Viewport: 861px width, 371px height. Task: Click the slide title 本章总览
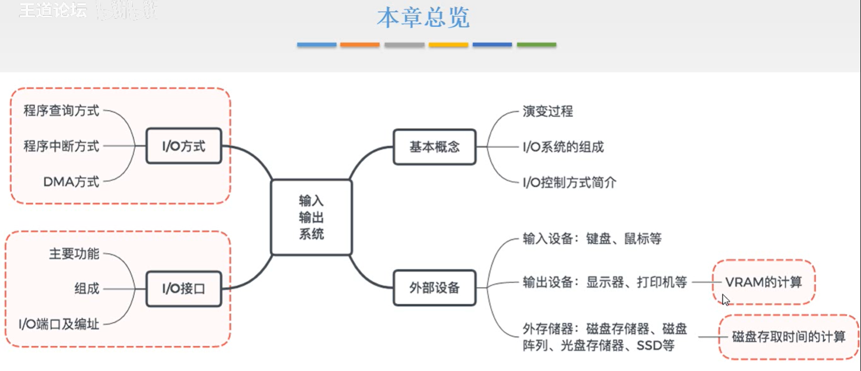pos(423,18)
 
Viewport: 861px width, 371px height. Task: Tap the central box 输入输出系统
pos(311,217)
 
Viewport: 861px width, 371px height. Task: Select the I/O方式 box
pos(184,146)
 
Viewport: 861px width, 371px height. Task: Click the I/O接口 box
pos(184,289)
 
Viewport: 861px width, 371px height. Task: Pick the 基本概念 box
pos(434,146)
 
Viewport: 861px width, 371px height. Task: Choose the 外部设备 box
pos(434,288)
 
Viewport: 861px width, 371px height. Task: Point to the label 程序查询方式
pos(61,110)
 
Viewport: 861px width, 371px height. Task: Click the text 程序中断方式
pos(61,146)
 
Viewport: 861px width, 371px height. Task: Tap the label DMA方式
pos(71,182)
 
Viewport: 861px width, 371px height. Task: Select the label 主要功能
pos(74,253)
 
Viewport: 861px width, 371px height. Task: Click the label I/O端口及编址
pos(59,324)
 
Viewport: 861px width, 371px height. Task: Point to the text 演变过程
pos(547,111)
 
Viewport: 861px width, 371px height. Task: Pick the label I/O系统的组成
pos(563,147)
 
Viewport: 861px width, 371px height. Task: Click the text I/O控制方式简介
pos(569,183)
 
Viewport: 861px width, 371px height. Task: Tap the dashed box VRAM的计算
pos(763,282)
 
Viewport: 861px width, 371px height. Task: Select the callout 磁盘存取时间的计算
pos(788,337)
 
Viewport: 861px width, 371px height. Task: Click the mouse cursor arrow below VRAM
pos(725,299)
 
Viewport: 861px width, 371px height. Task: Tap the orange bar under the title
pos(360,45)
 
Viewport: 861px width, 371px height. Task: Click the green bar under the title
pos(536,45)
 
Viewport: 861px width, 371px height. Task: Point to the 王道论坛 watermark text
pos(53,10)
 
